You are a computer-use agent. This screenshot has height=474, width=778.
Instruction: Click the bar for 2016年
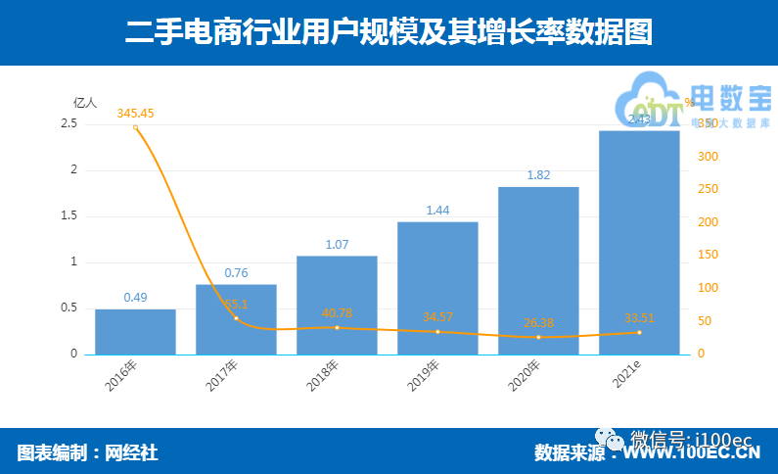click(135, 332)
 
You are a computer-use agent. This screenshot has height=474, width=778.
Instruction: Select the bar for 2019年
click(437, 288)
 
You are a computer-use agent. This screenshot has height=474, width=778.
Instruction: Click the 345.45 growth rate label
click(135, 114)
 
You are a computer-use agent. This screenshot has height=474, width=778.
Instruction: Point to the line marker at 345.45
click(135, 127)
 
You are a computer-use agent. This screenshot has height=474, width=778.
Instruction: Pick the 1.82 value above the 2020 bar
click(538, 175)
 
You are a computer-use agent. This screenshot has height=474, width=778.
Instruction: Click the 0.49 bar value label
click(135, 297)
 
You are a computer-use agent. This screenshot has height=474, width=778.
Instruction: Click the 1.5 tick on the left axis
click(69, 216)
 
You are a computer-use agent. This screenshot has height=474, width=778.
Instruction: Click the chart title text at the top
click(389, 32)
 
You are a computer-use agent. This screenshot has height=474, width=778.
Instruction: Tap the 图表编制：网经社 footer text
click(87, 452)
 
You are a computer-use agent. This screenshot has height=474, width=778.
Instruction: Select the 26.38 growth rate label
click(538, 323)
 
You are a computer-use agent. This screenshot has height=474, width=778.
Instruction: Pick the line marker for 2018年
click(337, 327)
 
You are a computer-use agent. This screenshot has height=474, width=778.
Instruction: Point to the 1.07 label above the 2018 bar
click(337, 244)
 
